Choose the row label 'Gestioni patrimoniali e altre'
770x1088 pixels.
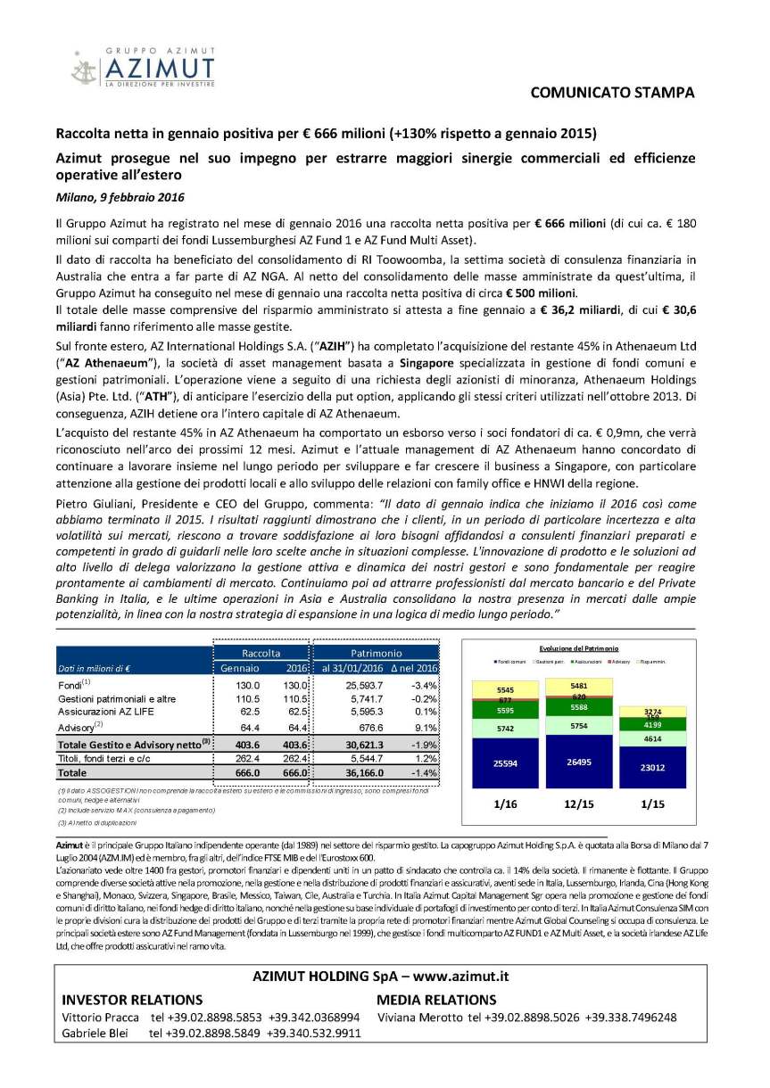point(120,698)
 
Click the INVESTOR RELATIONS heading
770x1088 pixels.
point(131,1000)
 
